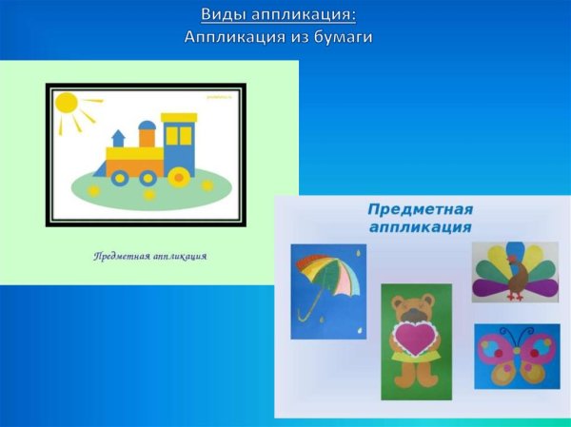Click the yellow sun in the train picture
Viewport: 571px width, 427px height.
(x=67, y=103)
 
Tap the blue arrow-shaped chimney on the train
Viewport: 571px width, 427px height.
(x=119, y=137)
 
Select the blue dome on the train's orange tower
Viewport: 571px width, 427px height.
(x=148, y=125)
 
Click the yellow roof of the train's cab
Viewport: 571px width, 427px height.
(x=179, y=117)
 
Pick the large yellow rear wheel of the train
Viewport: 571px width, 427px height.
(x=178, y=176)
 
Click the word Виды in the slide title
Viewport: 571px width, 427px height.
(x=221, y=15)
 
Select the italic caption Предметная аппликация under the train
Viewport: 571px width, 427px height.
(x=150, y=256)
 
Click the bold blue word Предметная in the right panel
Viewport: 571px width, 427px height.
(x=420, y=209)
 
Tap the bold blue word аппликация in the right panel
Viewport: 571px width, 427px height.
(x=420, y=227)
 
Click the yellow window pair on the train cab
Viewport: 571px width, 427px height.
(x=178, y=136)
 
